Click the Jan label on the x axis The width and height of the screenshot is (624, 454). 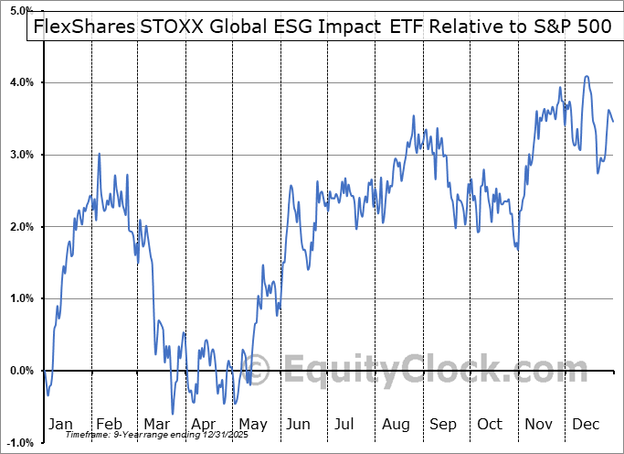[59, 424]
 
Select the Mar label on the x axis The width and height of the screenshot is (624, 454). [156, 424]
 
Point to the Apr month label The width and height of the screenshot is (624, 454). [203, 424]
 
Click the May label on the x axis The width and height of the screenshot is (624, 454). [252, 424]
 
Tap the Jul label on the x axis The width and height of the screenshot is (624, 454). [345, 424]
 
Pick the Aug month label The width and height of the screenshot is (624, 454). [396, 424]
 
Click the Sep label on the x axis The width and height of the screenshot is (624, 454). [443, 424]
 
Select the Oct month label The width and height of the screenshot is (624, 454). [490, 424]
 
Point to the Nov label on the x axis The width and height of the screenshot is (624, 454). [538, 424]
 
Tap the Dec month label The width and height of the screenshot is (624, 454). [587, 424]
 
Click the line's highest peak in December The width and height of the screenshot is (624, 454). [587, 77]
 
